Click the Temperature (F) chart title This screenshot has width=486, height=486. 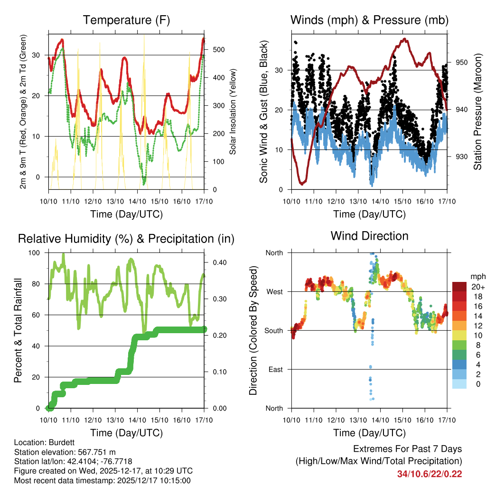tap(126, 20)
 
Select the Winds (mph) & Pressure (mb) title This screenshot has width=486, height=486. tap(369, 20)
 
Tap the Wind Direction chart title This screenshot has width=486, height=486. tap(369, 236)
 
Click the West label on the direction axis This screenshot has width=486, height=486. tap(274, 291)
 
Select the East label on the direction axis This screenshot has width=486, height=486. tap(275, 369)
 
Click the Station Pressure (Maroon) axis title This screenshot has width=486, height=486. tap(477, 112)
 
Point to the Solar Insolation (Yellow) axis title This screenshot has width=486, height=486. tap(233, 112)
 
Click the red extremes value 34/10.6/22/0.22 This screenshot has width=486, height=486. tap(430, 474)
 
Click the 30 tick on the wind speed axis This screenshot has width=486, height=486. tap(279, 70)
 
